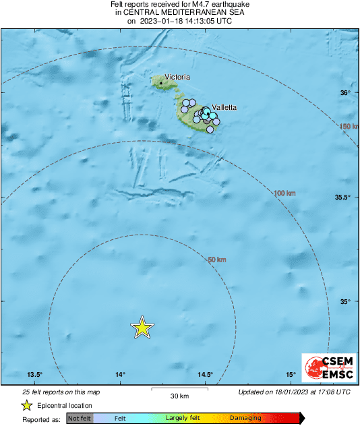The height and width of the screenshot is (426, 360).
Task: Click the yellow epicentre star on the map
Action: pos(142,327)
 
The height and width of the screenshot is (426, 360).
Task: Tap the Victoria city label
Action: pos(178,77)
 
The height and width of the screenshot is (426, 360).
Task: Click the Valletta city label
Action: pos(224,107)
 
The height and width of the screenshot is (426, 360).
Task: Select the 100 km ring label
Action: pos(285,194)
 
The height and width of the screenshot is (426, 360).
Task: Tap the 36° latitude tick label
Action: pos(345,93)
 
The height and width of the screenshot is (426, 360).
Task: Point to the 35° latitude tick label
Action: pos(345,302)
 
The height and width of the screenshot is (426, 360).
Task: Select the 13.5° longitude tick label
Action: pos(35,375)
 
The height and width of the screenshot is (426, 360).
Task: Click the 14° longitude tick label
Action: pos(120,375)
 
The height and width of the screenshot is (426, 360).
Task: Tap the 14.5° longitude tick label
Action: pos(205,375)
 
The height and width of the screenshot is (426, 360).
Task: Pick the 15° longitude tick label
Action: pos(290,375)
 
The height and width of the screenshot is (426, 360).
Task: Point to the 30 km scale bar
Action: pos(179,389)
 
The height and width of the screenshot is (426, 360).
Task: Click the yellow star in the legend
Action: pos(27,405)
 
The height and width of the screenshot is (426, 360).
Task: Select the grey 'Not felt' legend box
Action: pos(80,419)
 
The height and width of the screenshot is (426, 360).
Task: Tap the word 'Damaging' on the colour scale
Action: pos(245,419)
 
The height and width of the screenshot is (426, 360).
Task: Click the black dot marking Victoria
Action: pos(162,83)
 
